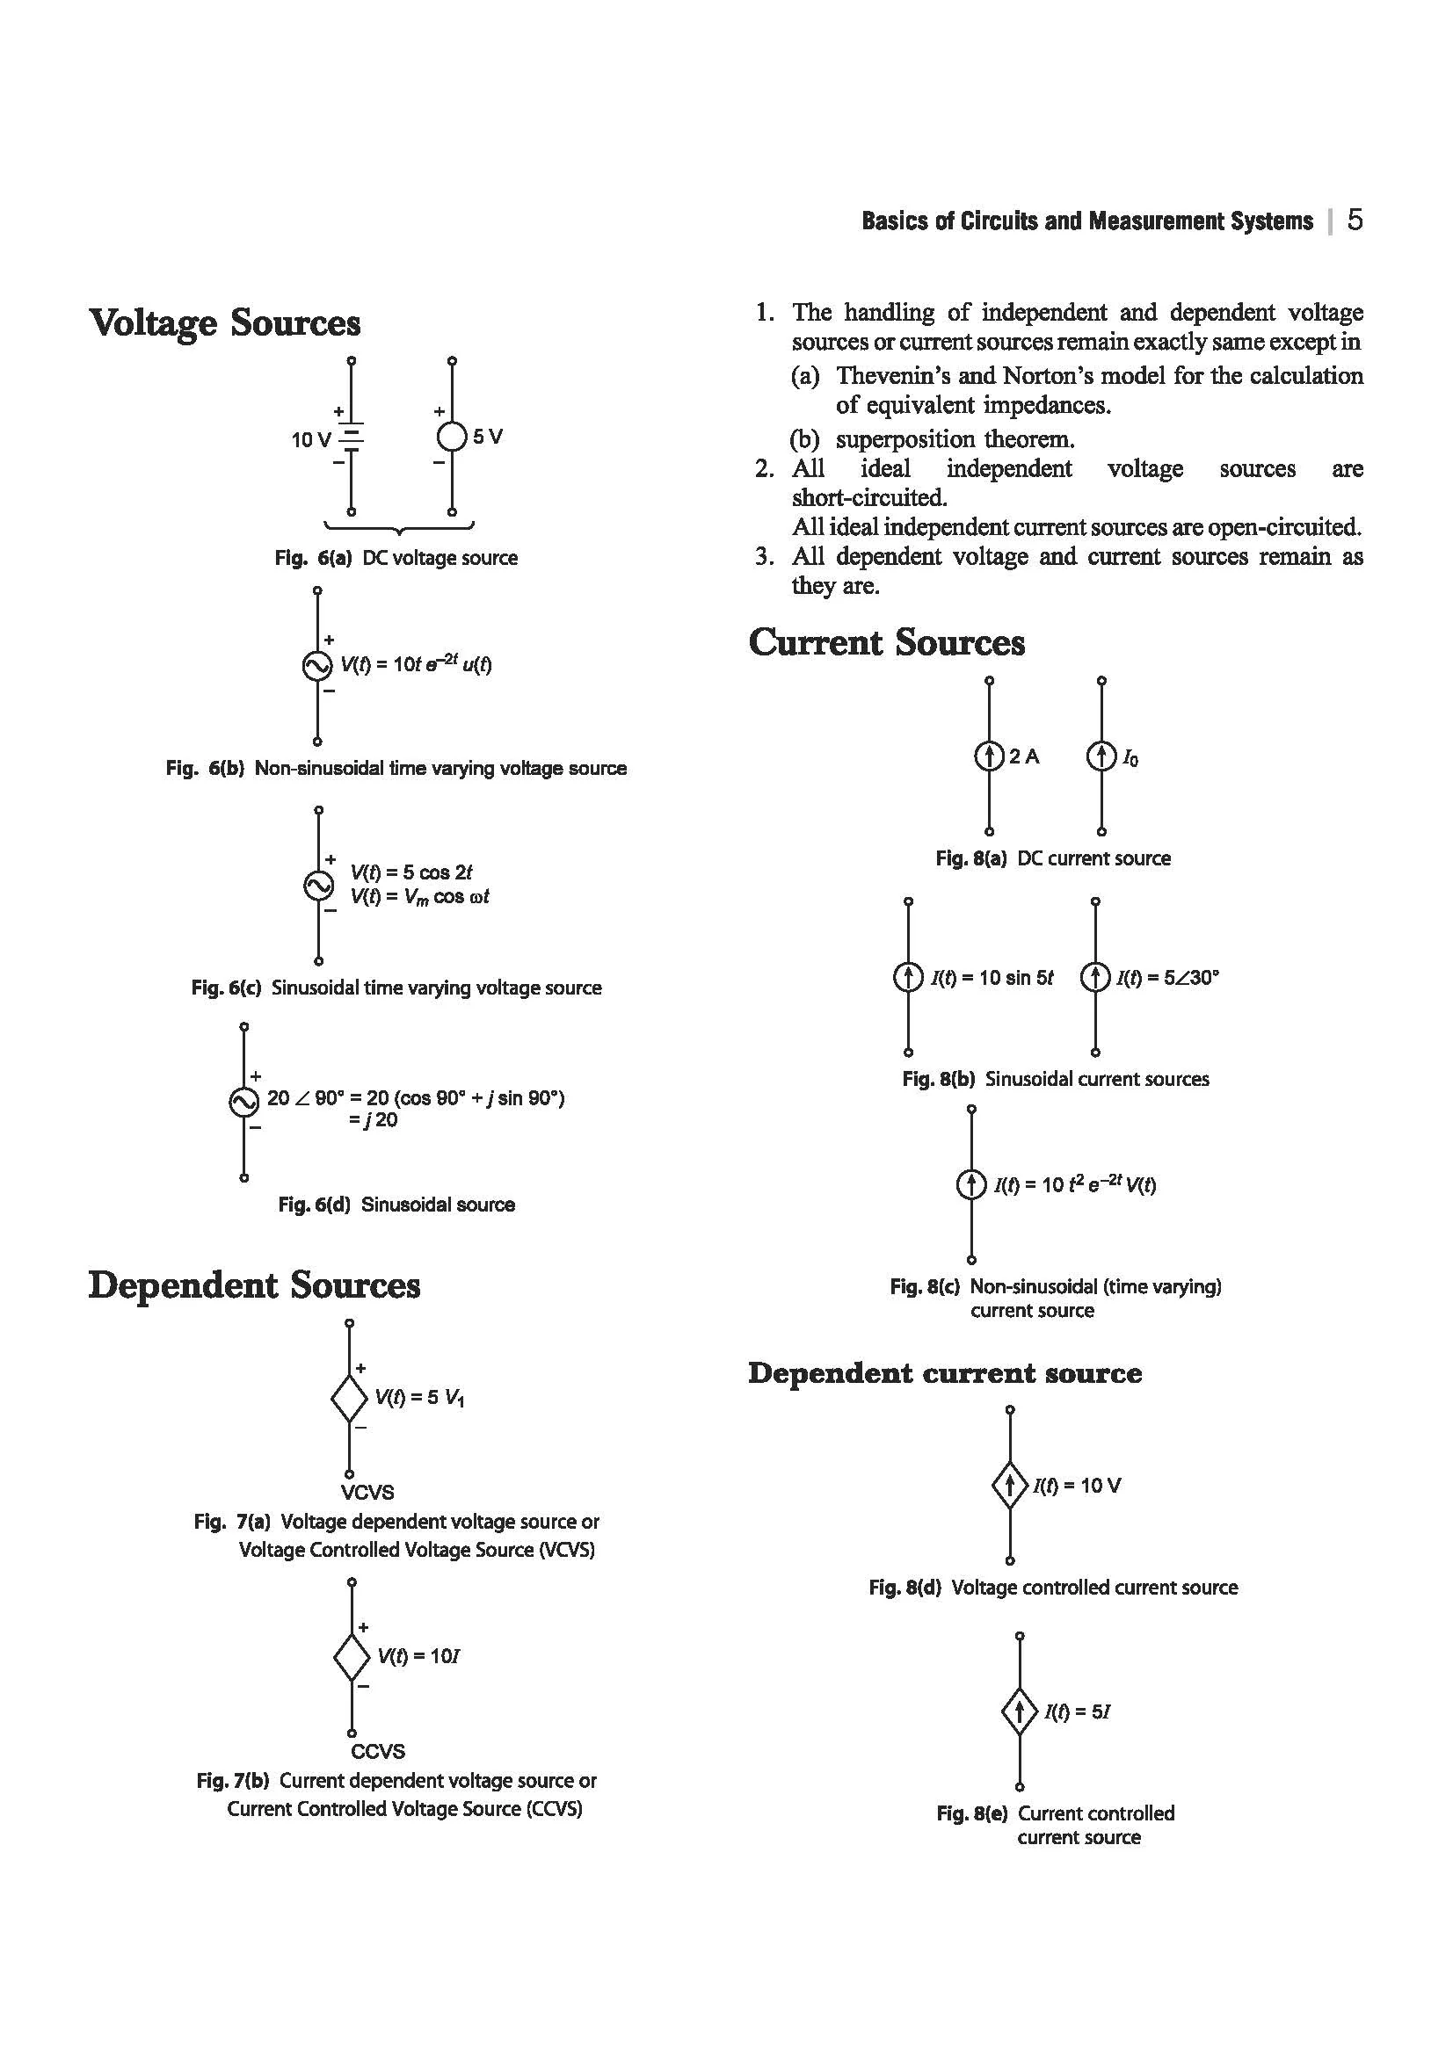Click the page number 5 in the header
[x=1355, y=221]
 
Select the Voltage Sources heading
[x=225, y=323]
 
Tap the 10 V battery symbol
[x=352, y=438]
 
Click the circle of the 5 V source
[x=452, y=437]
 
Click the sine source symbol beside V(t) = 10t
[x=317, y=665]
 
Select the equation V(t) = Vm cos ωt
[x=420, y=897]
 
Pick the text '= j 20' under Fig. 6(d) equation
[x=374, y=1119]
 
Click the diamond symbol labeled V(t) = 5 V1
[x=349, y=1397]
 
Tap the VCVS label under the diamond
[x=367, y=1492]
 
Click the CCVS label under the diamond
[x=378, y=1751]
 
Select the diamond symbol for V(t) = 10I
[x=352, y=1657]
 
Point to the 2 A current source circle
[x=988, y=756]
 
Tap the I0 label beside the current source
[x=1130, y=758]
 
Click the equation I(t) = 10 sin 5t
[x=992, y=977]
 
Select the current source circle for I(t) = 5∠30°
[x=1095, y=976]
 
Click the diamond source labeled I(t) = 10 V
[x=1010, y=1486]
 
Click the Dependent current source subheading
[x=945, y=1373]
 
